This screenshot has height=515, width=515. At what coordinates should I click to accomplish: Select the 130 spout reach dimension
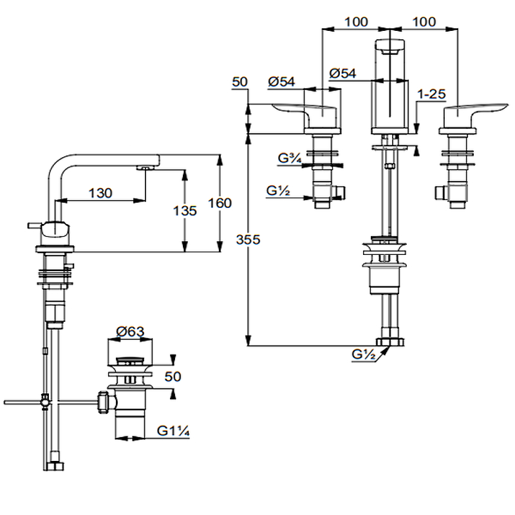[x=100, y=192]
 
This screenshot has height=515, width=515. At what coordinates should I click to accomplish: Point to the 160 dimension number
[x=220, y=203]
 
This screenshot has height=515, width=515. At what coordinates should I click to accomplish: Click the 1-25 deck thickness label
[x=431, y=94]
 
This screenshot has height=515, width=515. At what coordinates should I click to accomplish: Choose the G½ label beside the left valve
[x=278, y=191]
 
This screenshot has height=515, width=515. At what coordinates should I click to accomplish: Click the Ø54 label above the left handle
[x=281, y=82]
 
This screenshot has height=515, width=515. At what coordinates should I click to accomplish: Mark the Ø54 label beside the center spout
[x=342, y=73]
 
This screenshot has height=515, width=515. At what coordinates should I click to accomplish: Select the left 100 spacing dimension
[x=356, y=22]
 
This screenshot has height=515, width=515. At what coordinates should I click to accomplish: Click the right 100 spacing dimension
[x=424, y=22]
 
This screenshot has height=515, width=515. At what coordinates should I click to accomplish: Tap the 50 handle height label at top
[x=240, y=82]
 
